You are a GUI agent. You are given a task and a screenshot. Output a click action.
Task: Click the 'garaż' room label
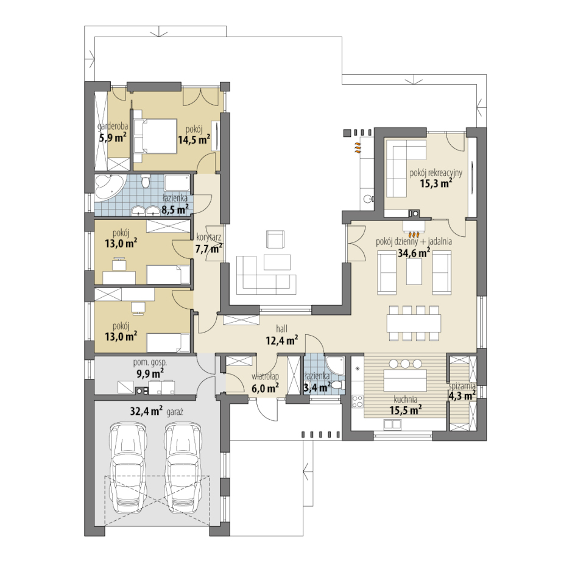[x=175, y=412]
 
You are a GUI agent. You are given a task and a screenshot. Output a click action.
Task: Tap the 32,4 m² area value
[x=146, y=411]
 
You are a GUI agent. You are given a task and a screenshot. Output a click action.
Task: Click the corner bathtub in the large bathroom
[x=108, y=187]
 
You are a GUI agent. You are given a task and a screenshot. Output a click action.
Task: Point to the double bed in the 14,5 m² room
[x=155, y=136]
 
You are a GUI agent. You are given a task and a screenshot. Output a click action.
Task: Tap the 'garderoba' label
[x=113, y=127]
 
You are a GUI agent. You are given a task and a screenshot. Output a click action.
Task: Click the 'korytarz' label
[x=209, y=237]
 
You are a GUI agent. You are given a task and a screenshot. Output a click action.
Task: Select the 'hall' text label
[x=281, y=328]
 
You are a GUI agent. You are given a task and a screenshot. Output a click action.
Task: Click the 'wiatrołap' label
[x=265, y=376]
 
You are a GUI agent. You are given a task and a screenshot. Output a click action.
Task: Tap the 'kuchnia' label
[x=406, y=400]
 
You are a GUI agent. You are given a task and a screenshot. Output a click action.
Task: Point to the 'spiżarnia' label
[x=462, y=386]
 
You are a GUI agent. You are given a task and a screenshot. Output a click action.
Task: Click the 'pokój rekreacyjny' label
[x=436, y=173]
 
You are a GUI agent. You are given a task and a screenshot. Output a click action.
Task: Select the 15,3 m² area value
[x=436, y=183]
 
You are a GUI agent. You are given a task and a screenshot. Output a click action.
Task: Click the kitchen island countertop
[x=405, y=381]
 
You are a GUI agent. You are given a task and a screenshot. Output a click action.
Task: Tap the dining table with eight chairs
[x=414, y=323]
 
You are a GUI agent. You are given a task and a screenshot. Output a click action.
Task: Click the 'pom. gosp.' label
[x=150, y=363]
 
